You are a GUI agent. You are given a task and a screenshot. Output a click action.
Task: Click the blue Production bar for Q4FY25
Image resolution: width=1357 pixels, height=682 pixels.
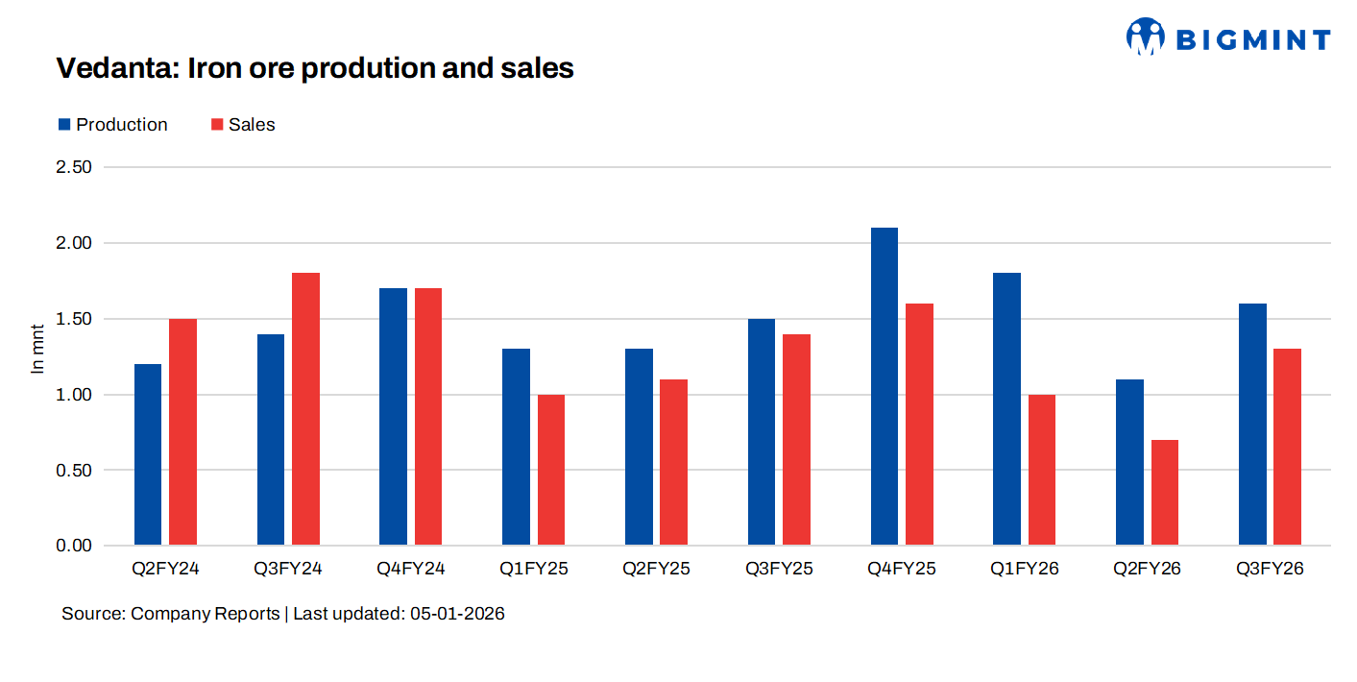coord(884,386)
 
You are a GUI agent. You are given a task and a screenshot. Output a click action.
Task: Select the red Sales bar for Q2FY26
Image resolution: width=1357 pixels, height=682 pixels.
coord(1164,493)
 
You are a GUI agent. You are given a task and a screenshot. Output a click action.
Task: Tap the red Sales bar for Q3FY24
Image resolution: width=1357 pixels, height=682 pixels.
coord(305,409)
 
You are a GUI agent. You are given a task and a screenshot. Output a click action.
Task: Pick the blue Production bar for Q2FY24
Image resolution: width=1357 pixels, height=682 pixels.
coord(148,454)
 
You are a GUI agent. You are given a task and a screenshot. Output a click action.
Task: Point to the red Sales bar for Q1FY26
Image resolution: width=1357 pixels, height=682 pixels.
coord(1041,470)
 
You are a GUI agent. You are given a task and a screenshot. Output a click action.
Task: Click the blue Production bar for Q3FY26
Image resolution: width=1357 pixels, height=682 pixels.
coord(1252,425)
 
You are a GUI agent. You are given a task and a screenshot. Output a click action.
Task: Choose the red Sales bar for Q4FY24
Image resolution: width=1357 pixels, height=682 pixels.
coord(428,417)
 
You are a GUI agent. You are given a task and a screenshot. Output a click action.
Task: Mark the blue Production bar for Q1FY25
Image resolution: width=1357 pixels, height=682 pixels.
coord(516,447)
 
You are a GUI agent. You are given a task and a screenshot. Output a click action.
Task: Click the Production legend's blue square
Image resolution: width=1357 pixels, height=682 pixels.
coord(64,125)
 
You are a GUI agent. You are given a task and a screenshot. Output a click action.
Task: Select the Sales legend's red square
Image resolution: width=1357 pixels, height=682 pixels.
coord(217,125)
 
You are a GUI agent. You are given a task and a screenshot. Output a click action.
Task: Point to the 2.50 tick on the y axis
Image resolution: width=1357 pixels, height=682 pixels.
coord(75,167)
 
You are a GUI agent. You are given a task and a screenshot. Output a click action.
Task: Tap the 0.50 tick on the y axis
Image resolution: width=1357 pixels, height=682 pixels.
coord(75,471)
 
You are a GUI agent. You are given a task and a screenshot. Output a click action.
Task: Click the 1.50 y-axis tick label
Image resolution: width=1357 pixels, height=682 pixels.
coord(75,319)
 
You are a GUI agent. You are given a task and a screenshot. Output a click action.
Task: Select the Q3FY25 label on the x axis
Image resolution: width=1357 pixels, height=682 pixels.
coord(779,569)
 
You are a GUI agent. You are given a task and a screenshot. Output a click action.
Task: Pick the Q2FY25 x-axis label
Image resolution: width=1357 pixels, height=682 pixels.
coord(656,569)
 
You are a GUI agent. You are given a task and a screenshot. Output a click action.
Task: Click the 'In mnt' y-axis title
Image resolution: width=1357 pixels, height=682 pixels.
coord(38,349)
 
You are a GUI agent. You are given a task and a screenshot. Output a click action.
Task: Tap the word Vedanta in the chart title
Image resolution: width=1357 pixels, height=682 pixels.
coord(115,68)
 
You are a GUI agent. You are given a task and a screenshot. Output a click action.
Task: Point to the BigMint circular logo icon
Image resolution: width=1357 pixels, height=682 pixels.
coord(1145,37)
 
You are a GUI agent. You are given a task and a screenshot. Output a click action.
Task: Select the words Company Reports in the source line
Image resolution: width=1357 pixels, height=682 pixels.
coord(205,614)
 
